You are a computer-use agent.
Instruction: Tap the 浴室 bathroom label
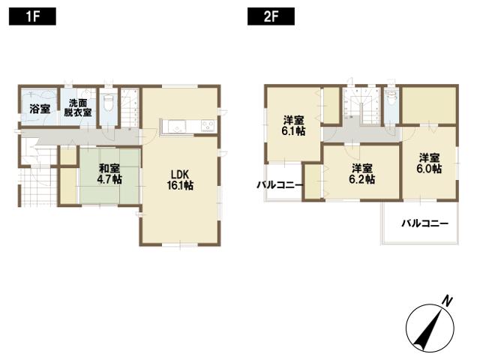(x=39, y=109)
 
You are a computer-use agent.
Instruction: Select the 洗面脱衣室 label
(x=78, y=108)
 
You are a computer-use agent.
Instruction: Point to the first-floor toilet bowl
(x=106, y=103)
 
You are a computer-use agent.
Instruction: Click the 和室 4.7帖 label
(x=109, y=175)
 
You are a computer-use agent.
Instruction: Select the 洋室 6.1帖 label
(x=293, y=125)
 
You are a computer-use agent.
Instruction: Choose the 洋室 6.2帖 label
(x=361, y=173)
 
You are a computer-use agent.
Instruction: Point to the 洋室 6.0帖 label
(x=429, y=163)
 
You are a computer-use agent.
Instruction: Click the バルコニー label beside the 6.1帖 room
(x=279, y=184)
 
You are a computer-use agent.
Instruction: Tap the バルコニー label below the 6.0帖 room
(x=424, y=223)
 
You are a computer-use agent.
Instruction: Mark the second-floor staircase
(x=352, y=109)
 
